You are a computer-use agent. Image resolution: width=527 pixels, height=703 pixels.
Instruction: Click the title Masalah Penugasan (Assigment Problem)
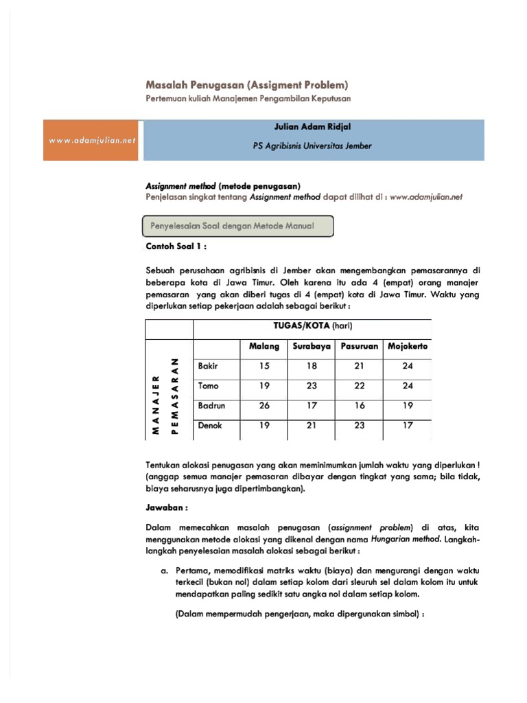point(247,85)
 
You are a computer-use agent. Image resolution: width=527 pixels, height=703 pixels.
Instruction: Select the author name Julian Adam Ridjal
point(312,127)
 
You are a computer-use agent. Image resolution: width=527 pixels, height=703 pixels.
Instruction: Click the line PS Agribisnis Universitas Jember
point(312,146)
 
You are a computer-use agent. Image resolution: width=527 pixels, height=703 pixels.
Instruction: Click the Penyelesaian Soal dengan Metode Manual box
point(237,227)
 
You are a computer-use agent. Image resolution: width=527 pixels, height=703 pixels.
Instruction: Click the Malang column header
point(264,346)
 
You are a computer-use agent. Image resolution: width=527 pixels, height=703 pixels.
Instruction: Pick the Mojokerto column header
point(408,346)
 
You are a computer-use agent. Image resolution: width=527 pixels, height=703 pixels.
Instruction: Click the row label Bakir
point(208,366)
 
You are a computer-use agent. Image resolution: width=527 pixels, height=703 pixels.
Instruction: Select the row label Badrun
point(211,406)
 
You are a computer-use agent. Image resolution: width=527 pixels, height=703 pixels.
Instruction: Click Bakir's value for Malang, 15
point(264,366)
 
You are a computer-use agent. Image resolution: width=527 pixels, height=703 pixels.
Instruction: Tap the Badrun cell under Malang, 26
point(264,406)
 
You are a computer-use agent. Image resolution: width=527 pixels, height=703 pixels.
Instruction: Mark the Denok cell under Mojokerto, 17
point(408,426)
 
